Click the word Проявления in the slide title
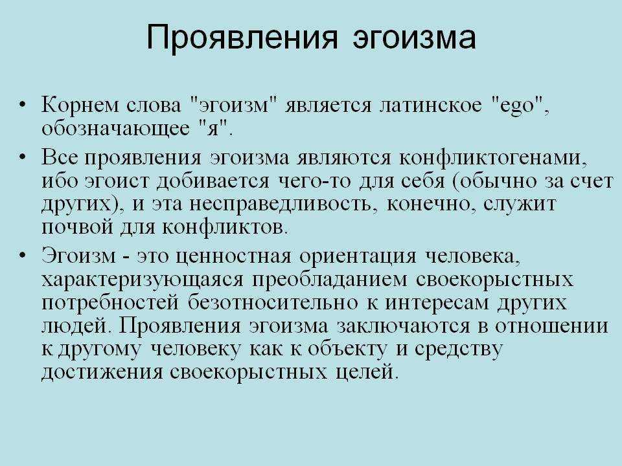(242, 38)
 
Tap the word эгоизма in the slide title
(414, 38)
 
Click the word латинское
(431, 105)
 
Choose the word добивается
(213, 181)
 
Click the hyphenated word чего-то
(314, 181)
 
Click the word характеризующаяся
(143, 280)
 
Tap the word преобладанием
(330, 280)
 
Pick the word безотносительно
(272, 303)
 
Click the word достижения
(102, 373)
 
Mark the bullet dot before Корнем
(23, 105)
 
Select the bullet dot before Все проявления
(23, 157)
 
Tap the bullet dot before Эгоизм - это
(23, 256)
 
